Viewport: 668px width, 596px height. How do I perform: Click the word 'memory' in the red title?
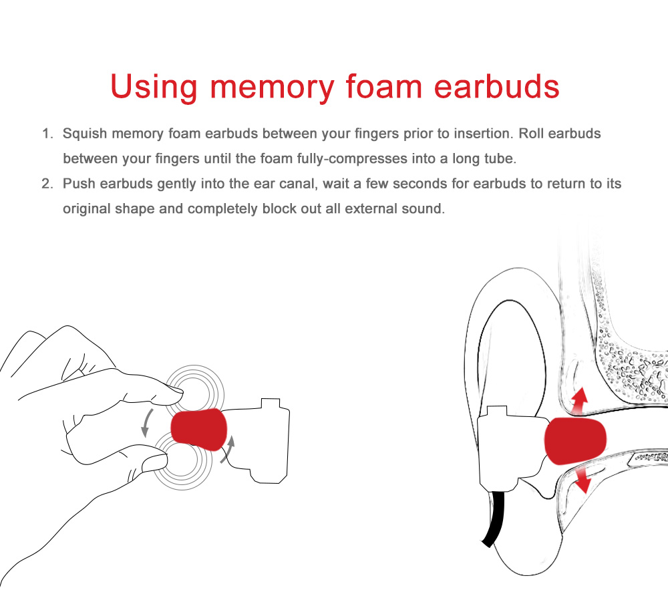point(273,88)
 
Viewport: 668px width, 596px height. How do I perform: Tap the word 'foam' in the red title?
point(384,86)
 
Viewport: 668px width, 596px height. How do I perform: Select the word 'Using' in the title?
point(154,88)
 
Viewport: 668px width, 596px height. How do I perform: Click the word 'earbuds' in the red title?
point(496,86)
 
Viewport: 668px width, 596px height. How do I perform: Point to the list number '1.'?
point(47,134)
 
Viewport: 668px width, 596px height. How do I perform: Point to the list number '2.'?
point(47,184)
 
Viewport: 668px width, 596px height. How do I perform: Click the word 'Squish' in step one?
point(85,134)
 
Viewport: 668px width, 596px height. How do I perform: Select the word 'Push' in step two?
point(79,184)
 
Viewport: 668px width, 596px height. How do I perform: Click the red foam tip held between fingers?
point(199,430)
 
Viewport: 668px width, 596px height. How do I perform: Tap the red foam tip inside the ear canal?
point(575,441)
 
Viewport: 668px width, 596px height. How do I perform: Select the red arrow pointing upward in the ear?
point(579,401)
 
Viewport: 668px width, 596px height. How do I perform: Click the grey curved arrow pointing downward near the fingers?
point(146,422)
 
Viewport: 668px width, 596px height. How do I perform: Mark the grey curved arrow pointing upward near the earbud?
point(228,449)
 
